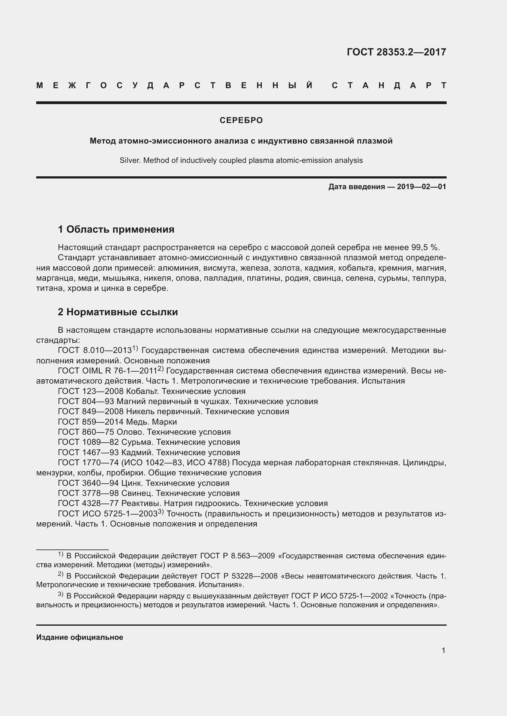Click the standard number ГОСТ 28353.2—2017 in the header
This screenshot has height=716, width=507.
coord(396,52)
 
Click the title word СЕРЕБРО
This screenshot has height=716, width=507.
coord(241,120)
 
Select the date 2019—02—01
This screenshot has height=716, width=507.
coord(421,187)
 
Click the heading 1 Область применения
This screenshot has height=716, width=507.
coord(116,230)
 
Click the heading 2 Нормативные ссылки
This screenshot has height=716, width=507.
coord(118,312)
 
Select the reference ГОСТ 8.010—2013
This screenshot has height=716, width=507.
coord(95,351)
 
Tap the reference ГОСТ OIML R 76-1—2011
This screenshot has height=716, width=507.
coord(107,371)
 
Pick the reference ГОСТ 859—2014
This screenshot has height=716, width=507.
coord(90,422)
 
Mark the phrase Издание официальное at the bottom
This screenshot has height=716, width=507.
coord(80,637)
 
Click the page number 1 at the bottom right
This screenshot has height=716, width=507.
coord(443,650)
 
